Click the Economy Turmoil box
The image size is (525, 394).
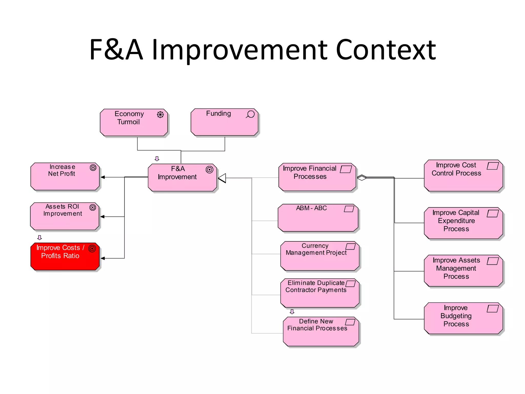point(134,123)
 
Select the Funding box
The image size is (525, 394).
point(225,122)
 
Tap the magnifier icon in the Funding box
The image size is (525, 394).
point(250,114)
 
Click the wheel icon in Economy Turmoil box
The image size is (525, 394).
point(160,115)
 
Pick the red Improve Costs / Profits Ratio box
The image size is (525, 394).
point(65,257)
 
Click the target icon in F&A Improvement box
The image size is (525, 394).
point(209,170)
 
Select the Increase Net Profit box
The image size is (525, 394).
point(65,176)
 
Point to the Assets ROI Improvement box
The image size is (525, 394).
point(65,216)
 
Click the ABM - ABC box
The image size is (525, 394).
point(318,218)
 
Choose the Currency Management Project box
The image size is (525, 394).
point(320,256)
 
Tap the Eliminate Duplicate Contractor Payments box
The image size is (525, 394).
point(320,293)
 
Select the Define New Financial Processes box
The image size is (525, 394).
point(321,331)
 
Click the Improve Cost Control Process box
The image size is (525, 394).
point(463,175)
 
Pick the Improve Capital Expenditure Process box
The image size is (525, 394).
point(463,223)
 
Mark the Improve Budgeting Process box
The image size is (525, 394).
point(463,318)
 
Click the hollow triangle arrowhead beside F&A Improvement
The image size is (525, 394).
point(222,178)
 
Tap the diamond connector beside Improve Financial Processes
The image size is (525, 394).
point(361,178)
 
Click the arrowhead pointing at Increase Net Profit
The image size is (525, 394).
point(103,177)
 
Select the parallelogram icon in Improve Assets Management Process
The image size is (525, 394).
point(492,261)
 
